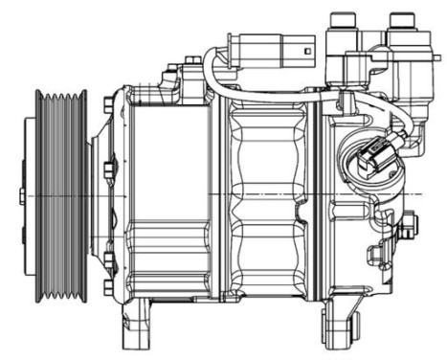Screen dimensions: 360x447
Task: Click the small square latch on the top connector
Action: coord(303,49)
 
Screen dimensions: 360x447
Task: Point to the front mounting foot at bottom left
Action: coord(136,326)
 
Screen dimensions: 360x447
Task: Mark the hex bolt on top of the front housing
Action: coord(172,70)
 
